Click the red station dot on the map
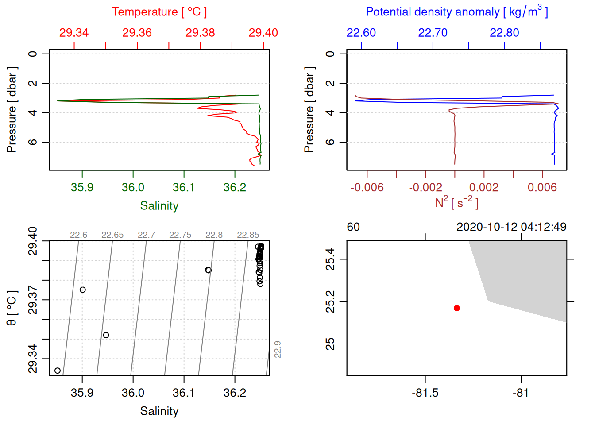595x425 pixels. [457, 308]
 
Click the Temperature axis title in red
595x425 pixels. [159, 12]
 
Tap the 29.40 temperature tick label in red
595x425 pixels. [263, 33]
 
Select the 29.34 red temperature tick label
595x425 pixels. [74, 33]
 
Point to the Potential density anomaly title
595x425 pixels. [456, 12]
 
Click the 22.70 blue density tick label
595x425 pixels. [433, 33]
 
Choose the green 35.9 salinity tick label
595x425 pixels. [82, 187]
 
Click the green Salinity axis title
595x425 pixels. [159, 206]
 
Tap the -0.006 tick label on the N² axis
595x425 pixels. [367, 187]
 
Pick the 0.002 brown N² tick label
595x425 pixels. [484, 187]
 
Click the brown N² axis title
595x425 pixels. [456, 203]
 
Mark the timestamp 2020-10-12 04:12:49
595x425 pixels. [511, 227]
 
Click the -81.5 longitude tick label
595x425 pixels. [425, 393]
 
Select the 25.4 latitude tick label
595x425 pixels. [330, 259]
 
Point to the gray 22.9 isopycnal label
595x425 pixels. [278, 349]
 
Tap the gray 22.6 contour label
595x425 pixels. [78, 235]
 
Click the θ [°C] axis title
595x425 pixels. [12, 308]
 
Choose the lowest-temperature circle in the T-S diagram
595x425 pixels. [58, 371]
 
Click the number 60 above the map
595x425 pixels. [353, 227]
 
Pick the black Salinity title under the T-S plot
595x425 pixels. [159, 411]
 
